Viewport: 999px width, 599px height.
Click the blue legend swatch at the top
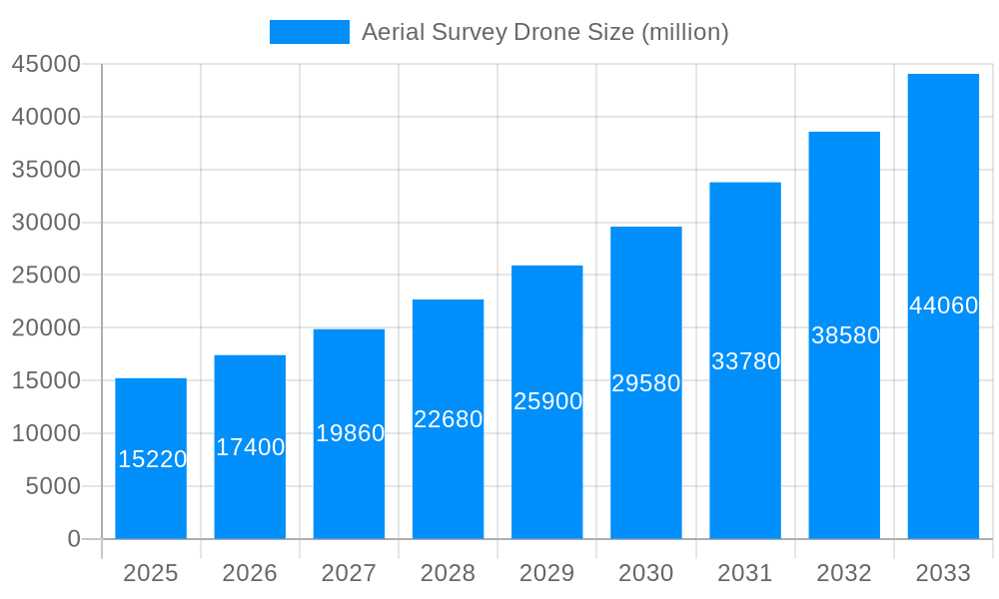click(x=309, y=32)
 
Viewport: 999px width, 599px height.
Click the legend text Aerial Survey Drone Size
click(x=544, y=32)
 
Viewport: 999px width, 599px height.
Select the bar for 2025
click(x=151, y=499)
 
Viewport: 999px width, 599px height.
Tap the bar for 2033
click(x=943, y=399)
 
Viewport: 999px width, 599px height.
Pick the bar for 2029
click(x=546, y=469)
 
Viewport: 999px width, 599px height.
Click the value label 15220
click(x=152, y=459)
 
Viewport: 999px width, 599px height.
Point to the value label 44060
click(x=943, y=305)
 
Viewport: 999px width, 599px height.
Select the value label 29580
click(x=645, y=383)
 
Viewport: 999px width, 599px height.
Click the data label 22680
click(x=448, y=419)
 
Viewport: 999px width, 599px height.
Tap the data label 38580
click(x=844, y=335)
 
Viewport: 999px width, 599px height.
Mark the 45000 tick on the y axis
click(x=45, y=64)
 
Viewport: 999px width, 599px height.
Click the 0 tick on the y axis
click(x=73, y=539)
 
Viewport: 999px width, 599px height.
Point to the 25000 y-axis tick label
click(x=45, y=276)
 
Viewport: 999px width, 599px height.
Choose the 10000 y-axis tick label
click(x=45, y=433)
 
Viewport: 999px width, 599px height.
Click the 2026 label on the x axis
click(x=250, y=573)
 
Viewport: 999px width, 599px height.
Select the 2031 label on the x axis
click(x=745, y=573)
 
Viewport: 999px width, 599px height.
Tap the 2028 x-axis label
click(x=448, y=573)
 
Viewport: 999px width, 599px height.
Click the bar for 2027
click(x=349, y=489)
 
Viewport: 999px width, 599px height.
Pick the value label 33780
click(x=745, y=361)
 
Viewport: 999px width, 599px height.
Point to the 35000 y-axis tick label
click(x=45, y=170)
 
